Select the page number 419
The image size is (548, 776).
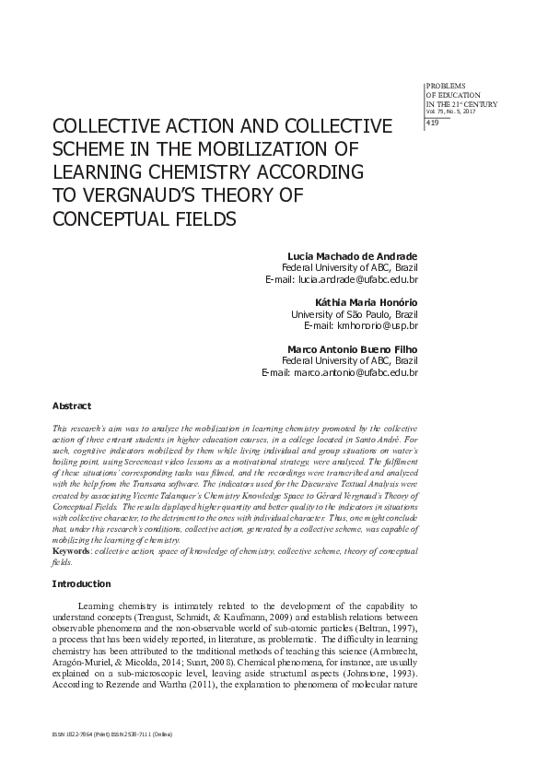[432, 123]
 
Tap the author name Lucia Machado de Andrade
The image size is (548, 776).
[354, 254]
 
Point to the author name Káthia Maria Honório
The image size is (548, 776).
[367, 301]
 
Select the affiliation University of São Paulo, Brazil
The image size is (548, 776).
[355, 313]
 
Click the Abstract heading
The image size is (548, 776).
[71, 406]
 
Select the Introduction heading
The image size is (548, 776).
[81, 583]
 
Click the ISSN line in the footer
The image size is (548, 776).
[112, 734]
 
